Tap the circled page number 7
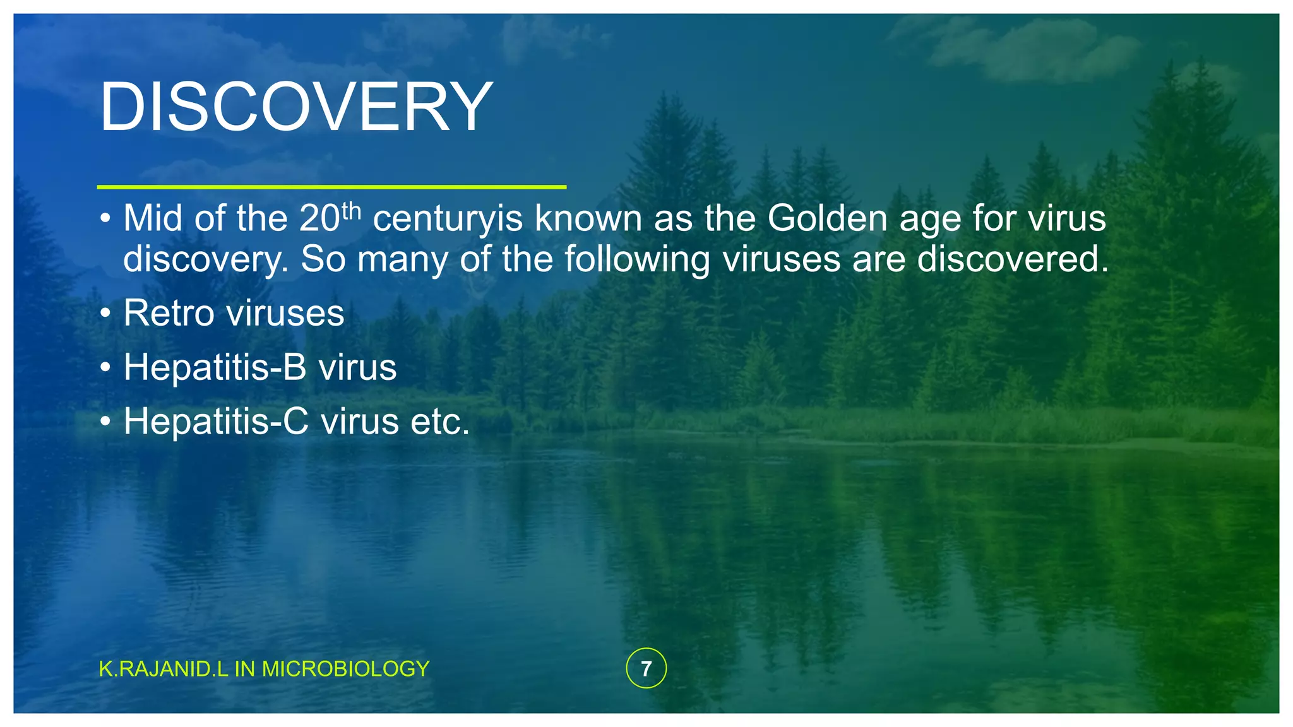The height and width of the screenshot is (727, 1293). tap(646, 668)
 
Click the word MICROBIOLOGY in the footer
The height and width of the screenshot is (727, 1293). tap(345, 669)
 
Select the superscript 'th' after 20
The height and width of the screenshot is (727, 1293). tap(351, 210)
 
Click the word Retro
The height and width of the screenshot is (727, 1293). tap(169, 313)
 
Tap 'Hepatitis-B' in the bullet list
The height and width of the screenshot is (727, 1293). tap(215, 367)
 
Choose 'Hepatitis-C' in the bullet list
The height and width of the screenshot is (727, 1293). tap(216, 422)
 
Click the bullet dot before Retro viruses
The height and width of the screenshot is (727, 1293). tap(105, 314)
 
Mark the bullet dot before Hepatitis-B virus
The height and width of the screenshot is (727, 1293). tap(105, 368)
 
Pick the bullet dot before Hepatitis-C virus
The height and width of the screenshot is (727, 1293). tap(105, 422)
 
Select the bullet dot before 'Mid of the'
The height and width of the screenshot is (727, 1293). tap(105, 219)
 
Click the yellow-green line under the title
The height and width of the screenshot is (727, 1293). tap(331, 187)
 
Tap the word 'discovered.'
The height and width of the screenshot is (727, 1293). tap(1013, 259)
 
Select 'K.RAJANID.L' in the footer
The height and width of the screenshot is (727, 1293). tap(164, 669)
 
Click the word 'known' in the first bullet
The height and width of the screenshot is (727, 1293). tap(588, 218)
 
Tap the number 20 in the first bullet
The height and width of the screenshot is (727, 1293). tap(319, 219)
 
